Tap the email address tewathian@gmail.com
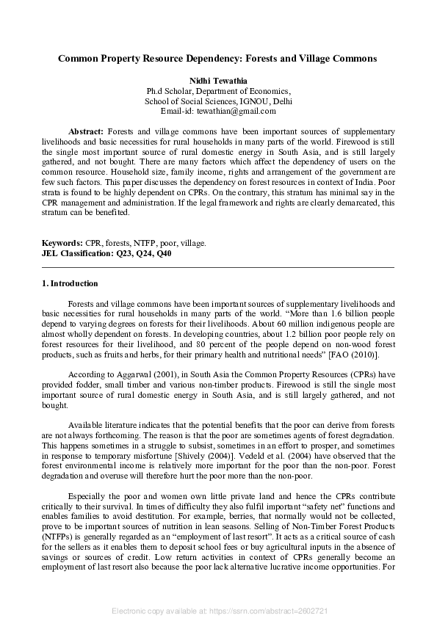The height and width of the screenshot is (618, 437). click(x=239, y=111)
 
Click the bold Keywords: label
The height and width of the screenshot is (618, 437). click(x=62, y=241)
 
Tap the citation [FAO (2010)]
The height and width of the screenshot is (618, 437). click(x=355, y=355)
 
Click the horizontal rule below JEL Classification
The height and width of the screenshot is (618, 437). click(x=218, y=268)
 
